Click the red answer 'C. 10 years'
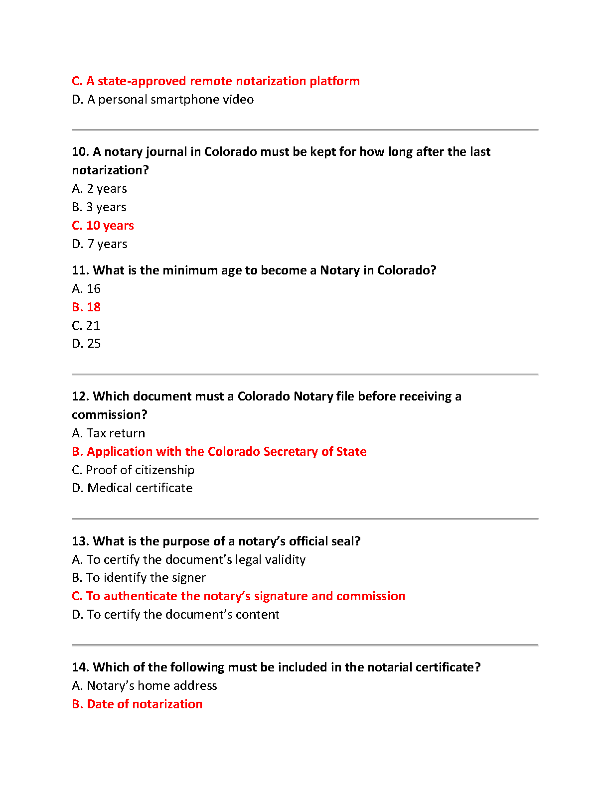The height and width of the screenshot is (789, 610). [x=103, y=226]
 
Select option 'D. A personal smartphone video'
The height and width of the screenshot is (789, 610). [x=162, y=100]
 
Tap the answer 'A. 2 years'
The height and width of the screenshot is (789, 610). [x=99, y=189]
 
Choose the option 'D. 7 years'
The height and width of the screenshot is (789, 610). [x=100, y=244]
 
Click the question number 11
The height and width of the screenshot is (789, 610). [x=80, y=270]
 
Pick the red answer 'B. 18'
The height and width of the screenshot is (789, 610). [x=86, y=307]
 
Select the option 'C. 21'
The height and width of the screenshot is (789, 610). [x=86, y=326]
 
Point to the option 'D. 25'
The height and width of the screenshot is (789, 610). [x=86, y=344]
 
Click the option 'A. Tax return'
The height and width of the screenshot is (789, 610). [x=108, y=433]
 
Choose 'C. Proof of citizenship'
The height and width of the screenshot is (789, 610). [x=133, y=470]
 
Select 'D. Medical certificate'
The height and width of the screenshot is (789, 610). [x=132, y=488]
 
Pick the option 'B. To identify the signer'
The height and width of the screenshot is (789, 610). [x=139, y=578]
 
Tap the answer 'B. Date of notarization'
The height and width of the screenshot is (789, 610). [x=137, y=704]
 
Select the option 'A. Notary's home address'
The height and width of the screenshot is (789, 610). [x=145, y=686]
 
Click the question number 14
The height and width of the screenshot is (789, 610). [x=80, y=667]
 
